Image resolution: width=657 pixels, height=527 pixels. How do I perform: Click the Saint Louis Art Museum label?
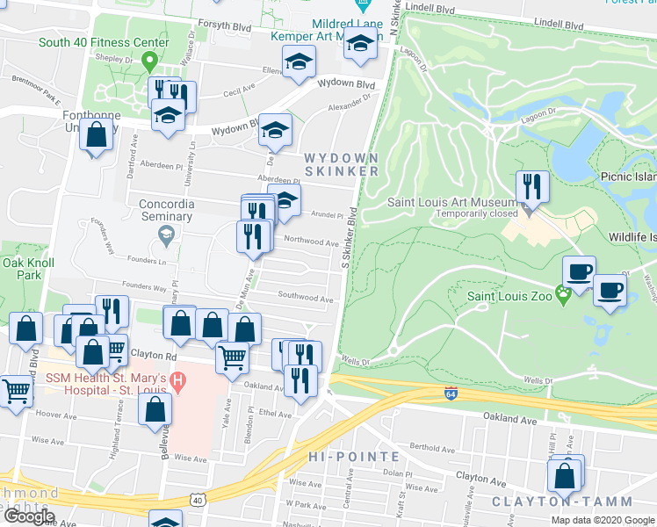pyautogui.click(x=455, y=203)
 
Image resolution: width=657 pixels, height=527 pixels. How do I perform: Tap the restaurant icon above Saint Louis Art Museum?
pyautogui.click(x=532, y=185)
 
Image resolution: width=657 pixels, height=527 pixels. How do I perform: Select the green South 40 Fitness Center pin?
pyautogui.click(x=149, y=61)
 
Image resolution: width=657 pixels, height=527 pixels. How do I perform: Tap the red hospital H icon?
pyautogui.click(x=178, y=382)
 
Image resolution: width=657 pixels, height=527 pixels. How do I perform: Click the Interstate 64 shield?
pyautogui.click(x=451, y=392)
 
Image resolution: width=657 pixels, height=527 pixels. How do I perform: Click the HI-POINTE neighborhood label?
pyautogui.click(x=354, y=457)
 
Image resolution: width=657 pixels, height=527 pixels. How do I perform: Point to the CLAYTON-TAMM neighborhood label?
pyautogui.click(x=561, y=502)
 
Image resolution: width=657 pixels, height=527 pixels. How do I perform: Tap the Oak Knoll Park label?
pyautogui.click(x=28, y=269)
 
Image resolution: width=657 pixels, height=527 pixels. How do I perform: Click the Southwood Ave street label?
pyautogui.click(x=306, y=299)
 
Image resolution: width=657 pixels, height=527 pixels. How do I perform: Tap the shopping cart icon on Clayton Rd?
pyautogui.click(x=232, y=357)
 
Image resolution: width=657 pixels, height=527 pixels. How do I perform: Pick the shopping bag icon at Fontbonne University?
pyautogui.click(x=97, y=136)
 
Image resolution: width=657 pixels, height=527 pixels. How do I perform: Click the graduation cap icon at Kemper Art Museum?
pyautogui.click(x=360, y=41)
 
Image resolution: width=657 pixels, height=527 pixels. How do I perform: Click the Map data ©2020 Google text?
pyautogui.click(x=603, y=520)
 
